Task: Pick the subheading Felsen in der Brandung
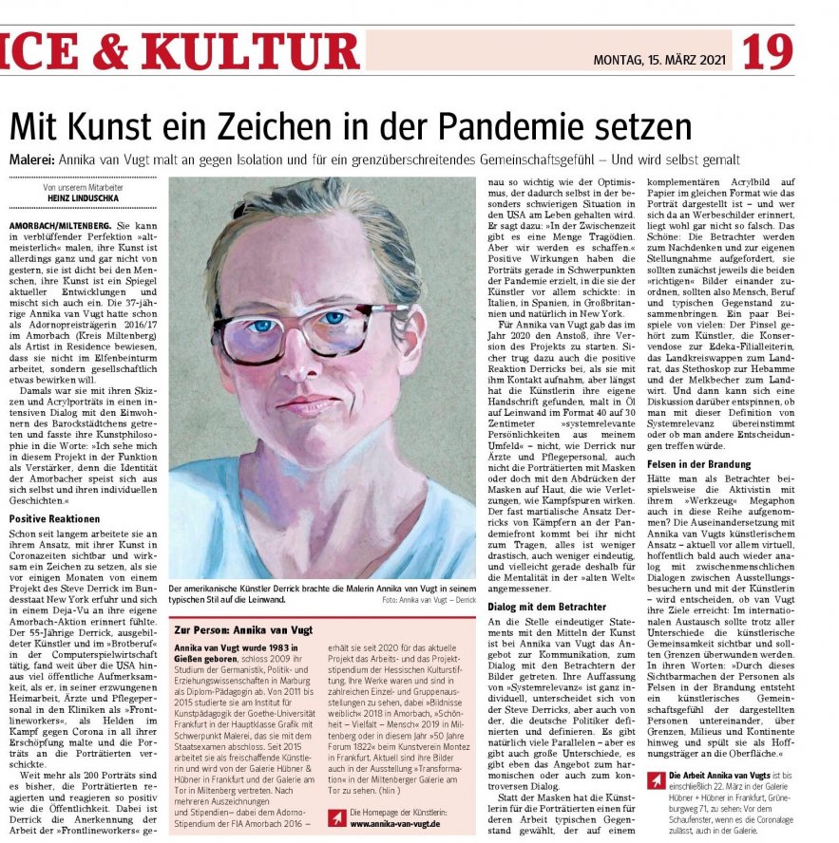[698, 464]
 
